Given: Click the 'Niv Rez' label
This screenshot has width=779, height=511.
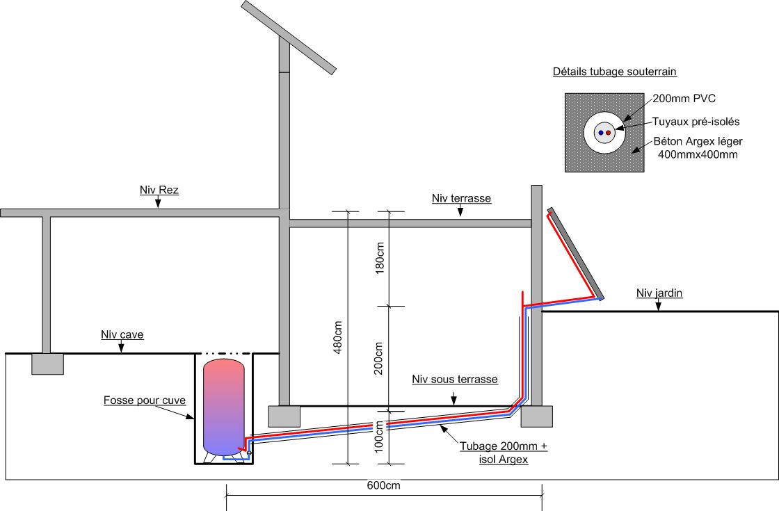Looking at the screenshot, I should click(159, 190).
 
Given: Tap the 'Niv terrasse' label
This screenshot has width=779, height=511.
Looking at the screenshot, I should click(461, 199).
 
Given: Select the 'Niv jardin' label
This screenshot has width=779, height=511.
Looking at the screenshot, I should click(659, 293).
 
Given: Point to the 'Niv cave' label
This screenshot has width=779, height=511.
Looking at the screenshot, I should click(122, 335).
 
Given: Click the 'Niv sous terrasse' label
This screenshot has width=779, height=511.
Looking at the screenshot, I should click(454, 380).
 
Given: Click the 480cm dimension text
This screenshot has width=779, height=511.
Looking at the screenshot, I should click(339, 337).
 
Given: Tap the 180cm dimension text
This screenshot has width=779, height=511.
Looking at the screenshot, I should click(379, 258).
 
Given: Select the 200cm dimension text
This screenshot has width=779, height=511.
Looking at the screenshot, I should click(379, 358).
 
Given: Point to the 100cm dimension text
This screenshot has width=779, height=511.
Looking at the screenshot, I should click(379, 437).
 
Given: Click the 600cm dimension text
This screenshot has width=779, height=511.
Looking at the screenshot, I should click(383, 486).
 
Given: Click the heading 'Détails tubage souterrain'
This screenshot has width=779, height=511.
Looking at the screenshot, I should click(614, 72).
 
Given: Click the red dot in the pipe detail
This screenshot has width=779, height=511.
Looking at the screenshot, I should click(608, 132).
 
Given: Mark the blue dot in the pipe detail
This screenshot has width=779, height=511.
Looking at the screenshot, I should click(600, 132).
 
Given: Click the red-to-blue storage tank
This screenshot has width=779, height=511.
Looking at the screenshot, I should click(223, 405).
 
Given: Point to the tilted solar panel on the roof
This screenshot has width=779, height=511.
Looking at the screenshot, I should click(289, 37).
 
